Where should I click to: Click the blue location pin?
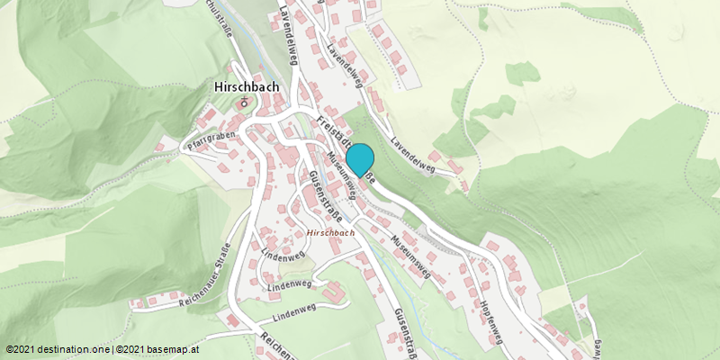tap(360, 159)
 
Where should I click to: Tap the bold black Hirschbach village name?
tap(247, 87)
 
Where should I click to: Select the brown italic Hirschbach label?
tap(330, 232)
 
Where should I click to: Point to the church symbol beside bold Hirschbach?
tap(242, 103)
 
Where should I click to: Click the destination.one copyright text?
tap(58, 349)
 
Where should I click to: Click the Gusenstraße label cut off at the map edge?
tap(403, 333)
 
